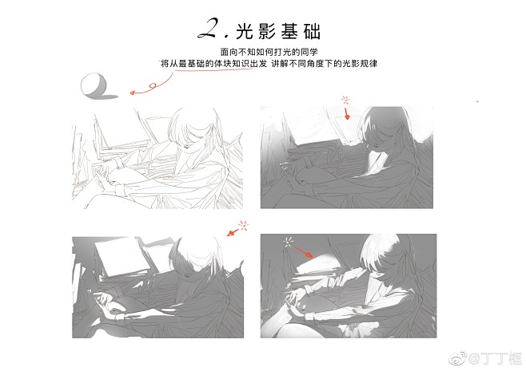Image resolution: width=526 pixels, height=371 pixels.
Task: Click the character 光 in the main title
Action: pos(245,32)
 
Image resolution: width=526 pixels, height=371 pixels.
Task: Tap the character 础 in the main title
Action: pos(312,32)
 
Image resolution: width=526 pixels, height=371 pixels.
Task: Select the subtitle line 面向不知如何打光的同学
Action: pos(269,52)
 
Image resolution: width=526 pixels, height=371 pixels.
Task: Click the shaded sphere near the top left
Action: pos(94,85)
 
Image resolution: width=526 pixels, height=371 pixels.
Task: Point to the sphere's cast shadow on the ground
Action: pos(109,97)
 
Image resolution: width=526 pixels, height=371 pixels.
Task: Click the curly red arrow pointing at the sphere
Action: pos(151,86)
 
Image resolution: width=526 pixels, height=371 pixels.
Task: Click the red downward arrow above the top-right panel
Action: pos(346,113)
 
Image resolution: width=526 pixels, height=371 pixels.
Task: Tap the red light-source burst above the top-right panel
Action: pos(345,100)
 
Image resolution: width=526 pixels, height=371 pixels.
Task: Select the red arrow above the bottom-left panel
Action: pos(233,232)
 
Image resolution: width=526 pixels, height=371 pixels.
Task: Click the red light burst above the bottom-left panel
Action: pos(244,225)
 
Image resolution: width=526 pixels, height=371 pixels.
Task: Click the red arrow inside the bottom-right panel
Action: pos(303,252)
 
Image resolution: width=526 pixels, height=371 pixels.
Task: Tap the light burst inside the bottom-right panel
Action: pos(288,242)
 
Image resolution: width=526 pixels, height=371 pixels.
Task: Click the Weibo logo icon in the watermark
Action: pos(457,358)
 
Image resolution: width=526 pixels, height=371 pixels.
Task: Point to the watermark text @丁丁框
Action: pos(495,358)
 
